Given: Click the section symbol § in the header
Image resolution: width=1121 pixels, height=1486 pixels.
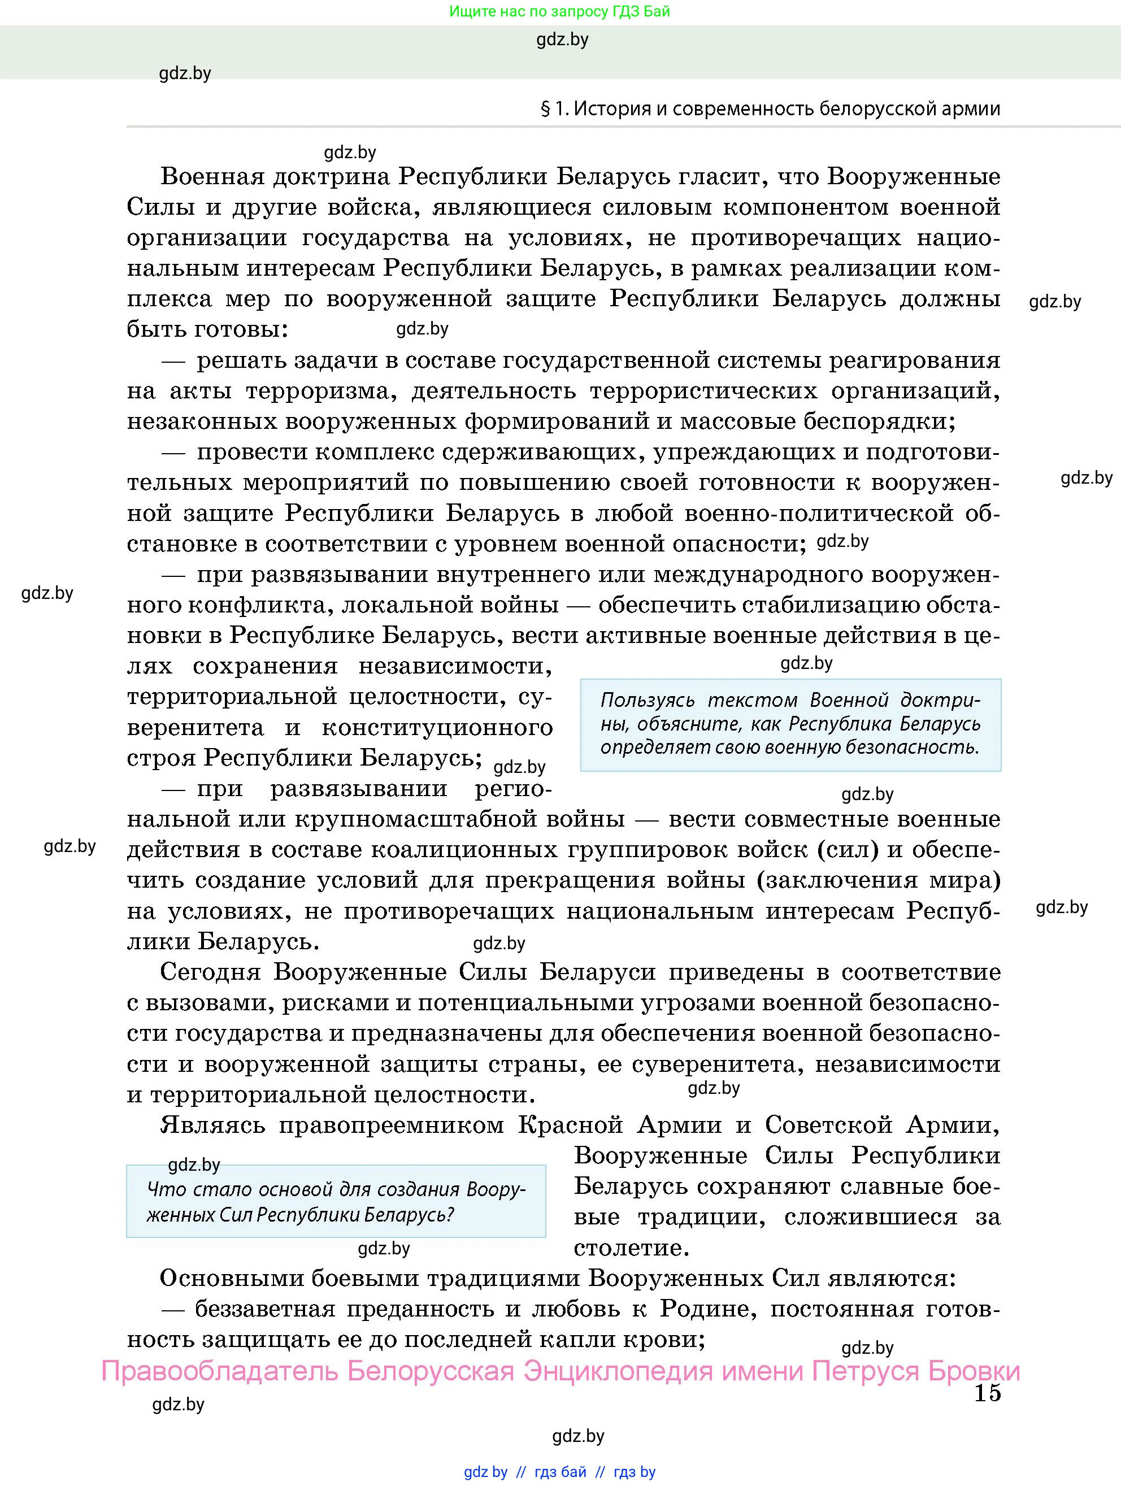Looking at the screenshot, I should (545, 109).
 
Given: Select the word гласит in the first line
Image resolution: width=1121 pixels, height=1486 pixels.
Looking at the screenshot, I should (723, 177).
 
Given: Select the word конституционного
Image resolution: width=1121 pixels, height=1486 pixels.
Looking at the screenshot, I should (437, 728).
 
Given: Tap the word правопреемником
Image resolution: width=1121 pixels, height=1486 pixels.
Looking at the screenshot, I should (391, 1126).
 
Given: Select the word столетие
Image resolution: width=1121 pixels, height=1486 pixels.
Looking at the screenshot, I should (631, 1248).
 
